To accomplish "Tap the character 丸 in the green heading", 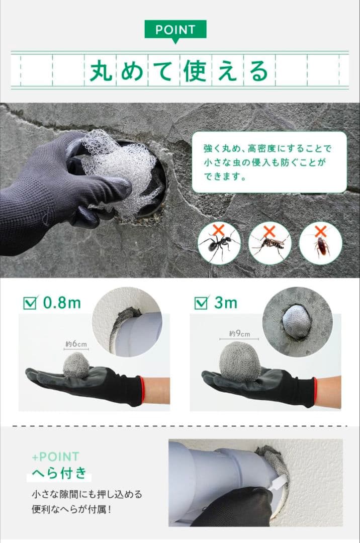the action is click(101, 71).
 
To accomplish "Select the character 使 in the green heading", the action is click(196, 71).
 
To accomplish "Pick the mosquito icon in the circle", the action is click(269, 244).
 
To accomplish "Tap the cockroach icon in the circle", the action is click(321, 245).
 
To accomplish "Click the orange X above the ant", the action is click(218, 230).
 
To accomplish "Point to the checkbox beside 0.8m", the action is click(30, 303).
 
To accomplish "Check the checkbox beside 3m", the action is click(201, 303).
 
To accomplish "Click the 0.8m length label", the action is click(62, 303).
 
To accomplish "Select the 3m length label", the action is click(226, 303).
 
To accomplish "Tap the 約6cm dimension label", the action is click(76, 344).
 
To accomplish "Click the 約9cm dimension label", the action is click(239, 333).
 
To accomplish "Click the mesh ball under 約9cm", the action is click(240, 361).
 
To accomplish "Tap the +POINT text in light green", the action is click(55, 457).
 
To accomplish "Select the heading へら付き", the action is click(59, 473).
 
